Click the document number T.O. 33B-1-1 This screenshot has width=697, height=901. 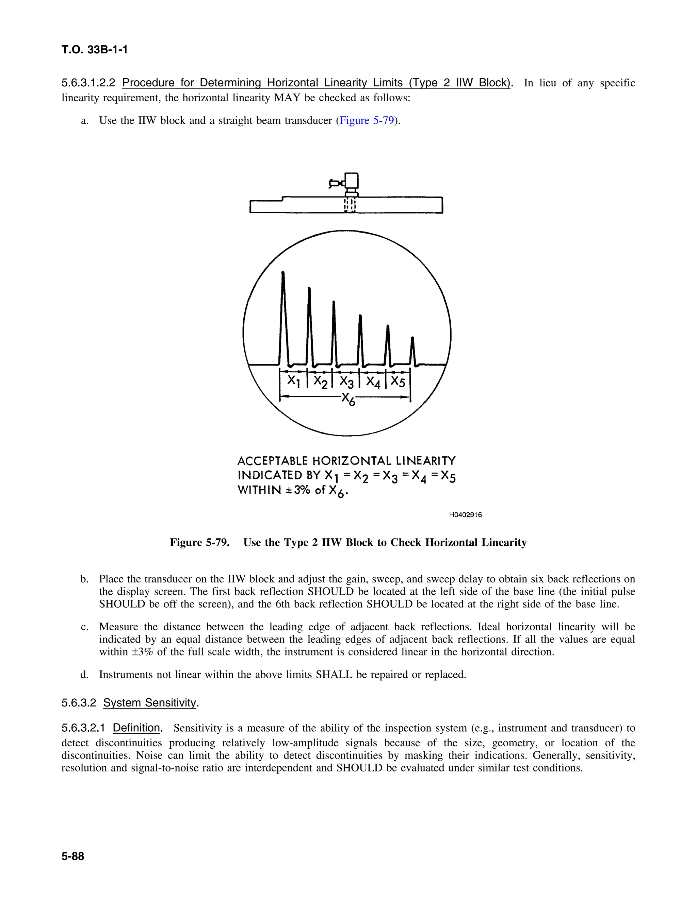point(95,50)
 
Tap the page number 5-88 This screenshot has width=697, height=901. point(73,856)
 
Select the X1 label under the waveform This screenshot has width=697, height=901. point(293,380)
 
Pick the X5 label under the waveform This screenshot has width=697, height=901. point(398,381)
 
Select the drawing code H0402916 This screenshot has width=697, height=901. point(465,515)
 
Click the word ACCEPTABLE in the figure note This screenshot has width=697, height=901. point(273,460)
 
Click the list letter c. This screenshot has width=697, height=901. point(85,627)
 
